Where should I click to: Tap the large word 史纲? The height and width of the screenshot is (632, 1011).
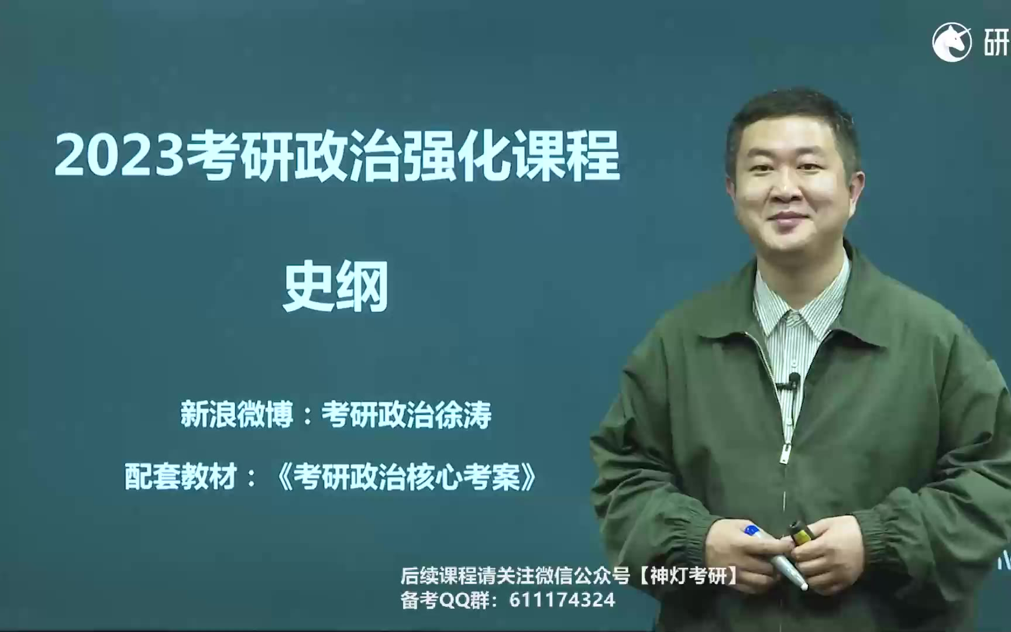click(336, 287)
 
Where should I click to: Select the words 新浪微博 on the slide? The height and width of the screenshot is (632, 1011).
click(237, 414)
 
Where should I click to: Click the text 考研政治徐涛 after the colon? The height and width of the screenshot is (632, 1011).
click(407, 414)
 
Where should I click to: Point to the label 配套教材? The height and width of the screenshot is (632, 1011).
click(181, 476)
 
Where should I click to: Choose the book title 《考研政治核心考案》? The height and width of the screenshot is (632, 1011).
click(407, 476)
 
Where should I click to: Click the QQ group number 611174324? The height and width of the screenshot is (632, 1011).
click(562, 600)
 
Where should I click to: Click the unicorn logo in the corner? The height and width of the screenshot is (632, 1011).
click(951, 42)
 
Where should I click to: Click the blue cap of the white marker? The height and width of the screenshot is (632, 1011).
click(751, 531)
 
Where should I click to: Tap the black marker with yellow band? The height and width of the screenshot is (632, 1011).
click(800, 533)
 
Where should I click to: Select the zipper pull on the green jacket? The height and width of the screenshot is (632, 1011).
click(785, 454)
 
